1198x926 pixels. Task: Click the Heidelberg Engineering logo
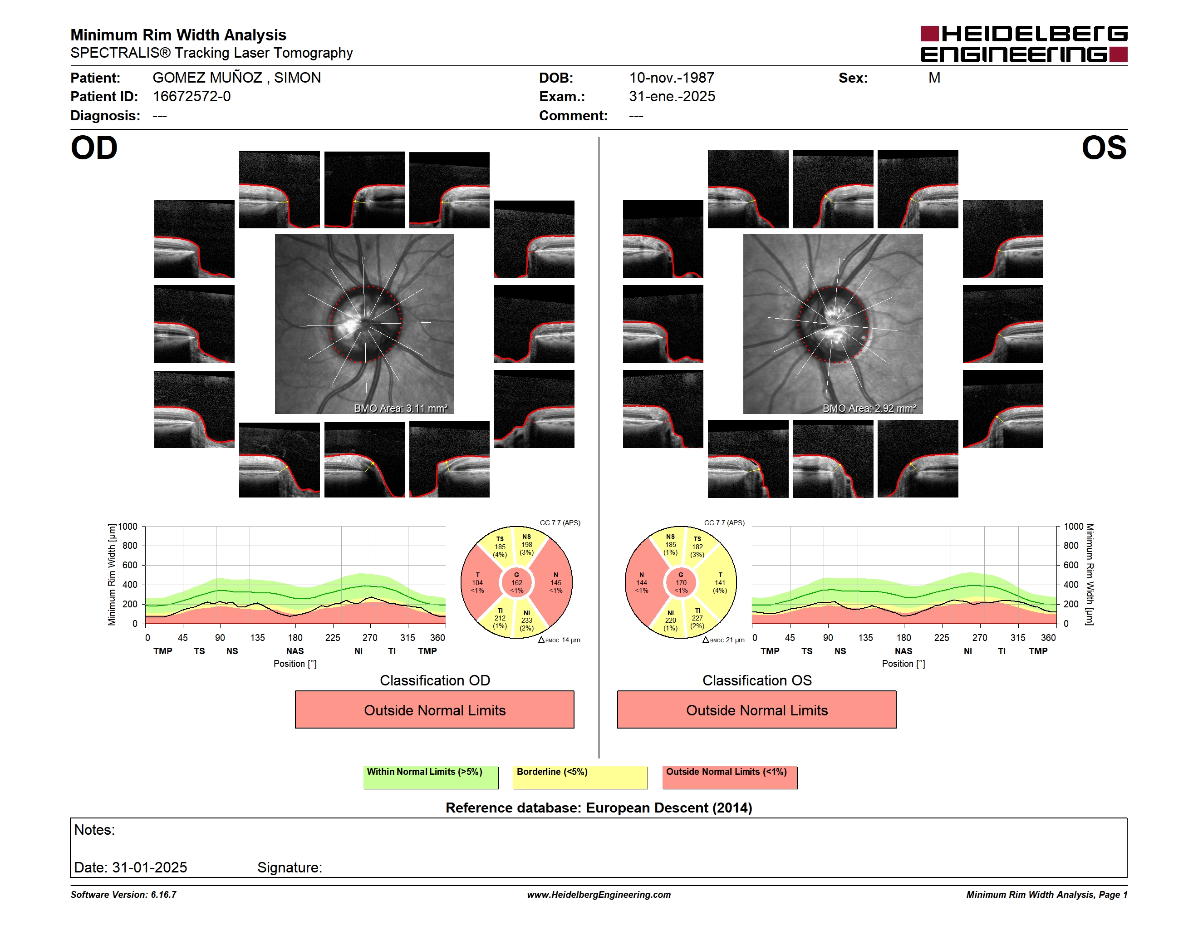click(1024, 44)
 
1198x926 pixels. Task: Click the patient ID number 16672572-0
click(191, 97)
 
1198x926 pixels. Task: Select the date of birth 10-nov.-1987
click(672, 78)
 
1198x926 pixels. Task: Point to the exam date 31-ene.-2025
click(672, 97)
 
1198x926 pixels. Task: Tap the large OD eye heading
click(94, 148)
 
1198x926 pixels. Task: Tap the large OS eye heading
click(1104, 148)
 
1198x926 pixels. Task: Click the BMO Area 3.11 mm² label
click(400, 408)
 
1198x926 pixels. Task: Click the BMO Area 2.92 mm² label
click(869, 408)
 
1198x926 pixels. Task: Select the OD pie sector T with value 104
click(479, 582)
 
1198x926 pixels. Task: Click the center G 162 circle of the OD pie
click(517, 582)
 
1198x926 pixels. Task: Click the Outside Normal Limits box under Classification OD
click(434, 710)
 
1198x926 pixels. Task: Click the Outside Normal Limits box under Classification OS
click(756, 710)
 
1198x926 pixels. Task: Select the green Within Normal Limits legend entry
click(431, 777)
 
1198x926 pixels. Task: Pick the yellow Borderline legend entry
click(580, 777)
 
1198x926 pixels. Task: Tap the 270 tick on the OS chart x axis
click(980, 637)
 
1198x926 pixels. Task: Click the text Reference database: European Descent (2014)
click(599, 808)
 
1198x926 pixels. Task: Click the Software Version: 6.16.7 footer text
click(123, 895)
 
